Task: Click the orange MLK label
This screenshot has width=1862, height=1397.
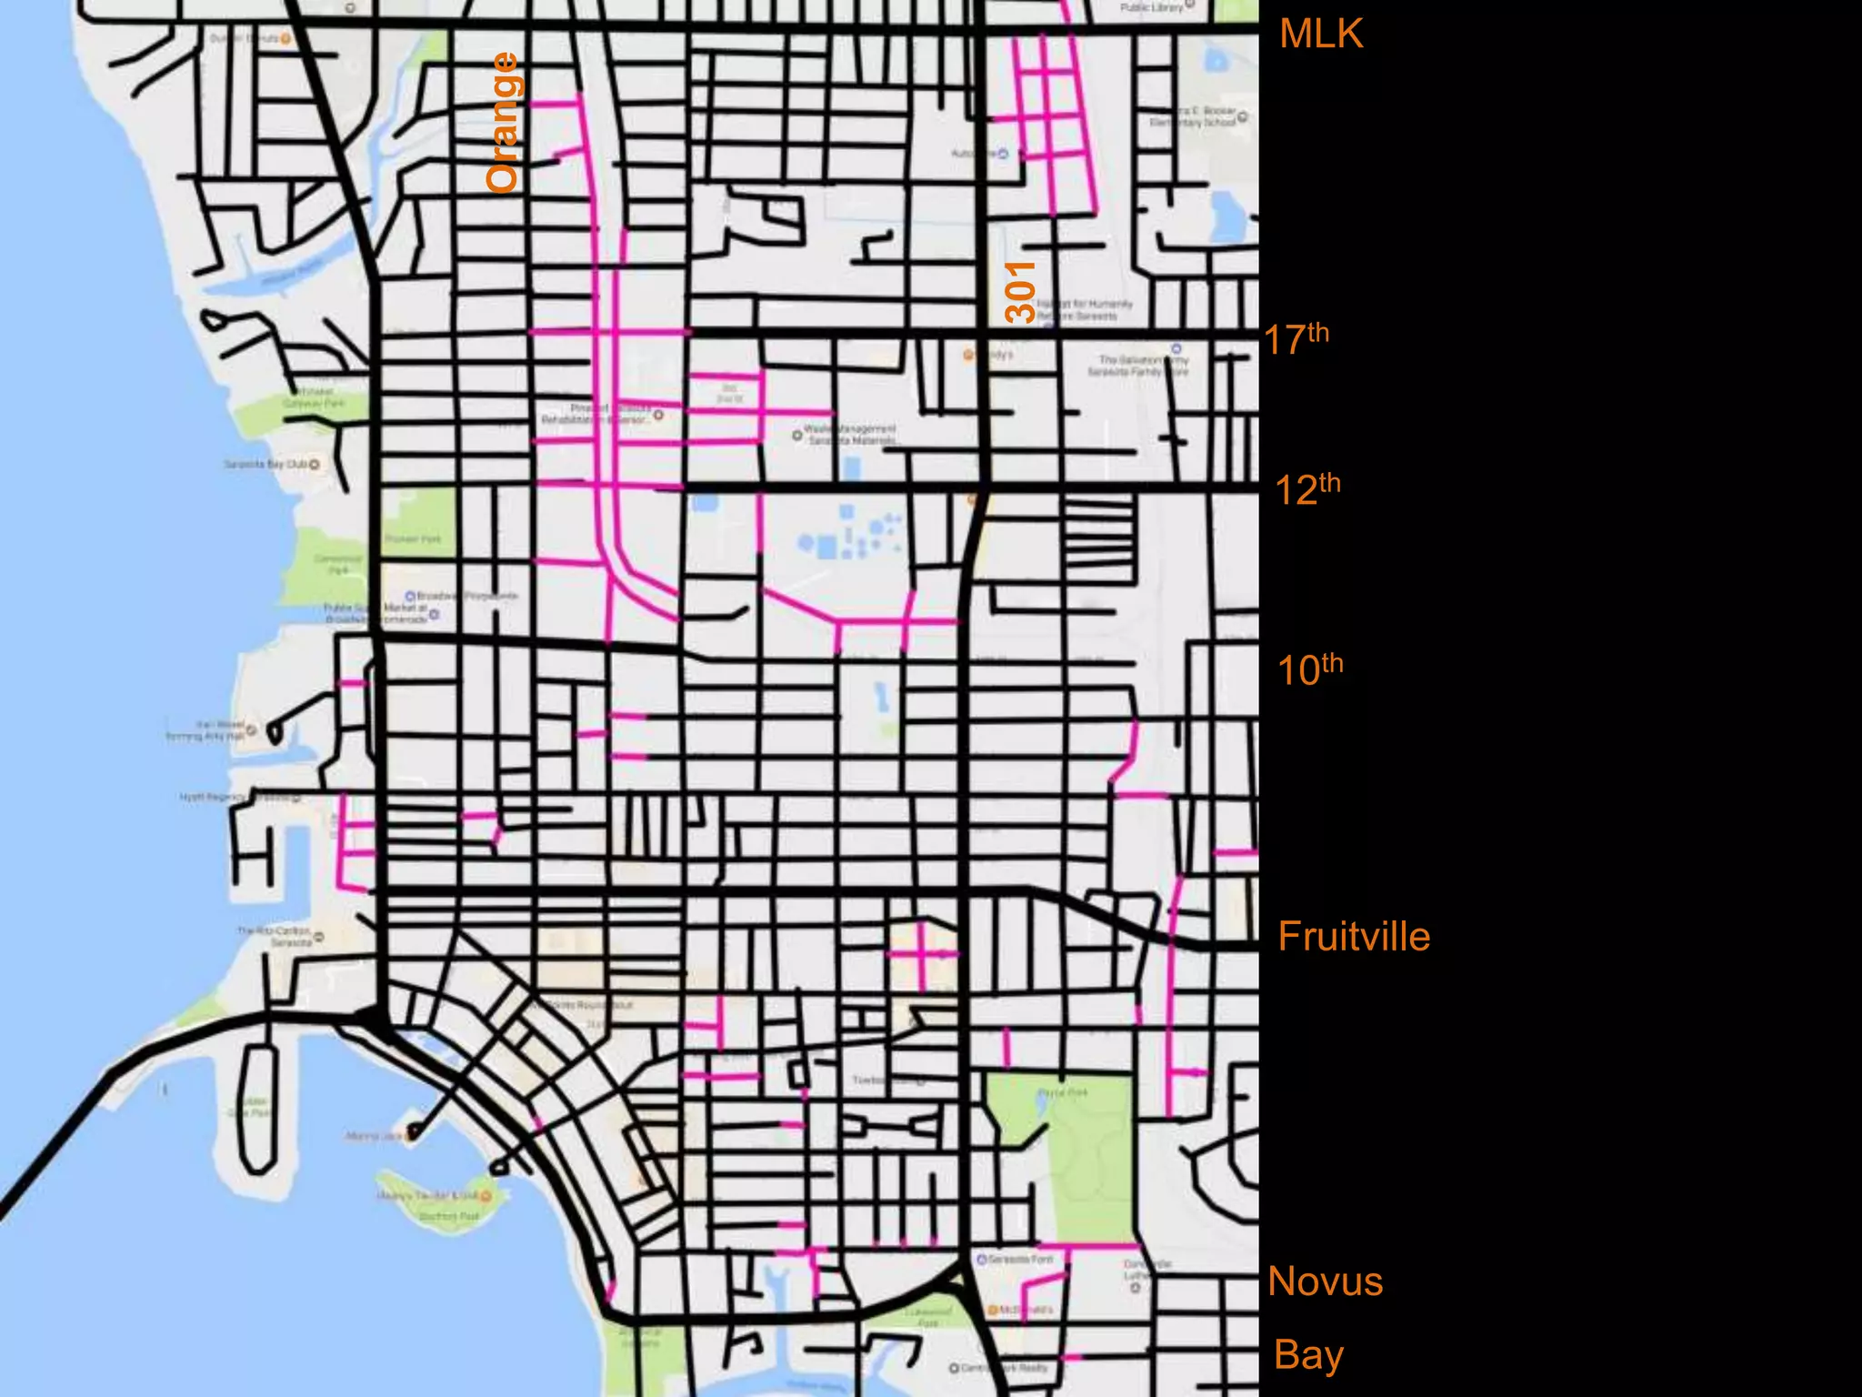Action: (x=1320, y=35)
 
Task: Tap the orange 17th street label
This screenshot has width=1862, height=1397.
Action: (x=1296, y=338)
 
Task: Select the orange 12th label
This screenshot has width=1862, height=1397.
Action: (x=1307, y=489)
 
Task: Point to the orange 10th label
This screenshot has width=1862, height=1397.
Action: (x=1309, y=669)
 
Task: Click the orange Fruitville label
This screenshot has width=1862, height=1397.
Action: (x=1354, y=937)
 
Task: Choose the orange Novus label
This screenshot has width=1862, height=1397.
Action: (x=1325, y=1281)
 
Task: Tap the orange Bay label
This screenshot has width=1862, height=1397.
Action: (x=1308, y=1354)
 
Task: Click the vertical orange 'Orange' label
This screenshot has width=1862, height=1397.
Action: (x=503, y=122)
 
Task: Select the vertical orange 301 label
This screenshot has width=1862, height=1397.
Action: (x=1021, y=291)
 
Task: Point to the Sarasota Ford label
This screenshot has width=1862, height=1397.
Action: (x=1019, y=1260)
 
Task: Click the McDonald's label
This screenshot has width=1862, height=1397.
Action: (x=1023, y=1310)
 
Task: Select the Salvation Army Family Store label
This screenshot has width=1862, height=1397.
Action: (x=1142, y=366)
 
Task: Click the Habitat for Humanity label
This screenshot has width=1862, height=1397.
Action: (x=1082, y=309)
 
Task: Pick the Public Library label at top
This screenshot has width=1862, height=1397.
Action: (x=1153, y=7)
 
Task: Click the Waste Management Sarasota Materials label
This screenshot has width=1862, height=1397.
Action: (x=851, y=434)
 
